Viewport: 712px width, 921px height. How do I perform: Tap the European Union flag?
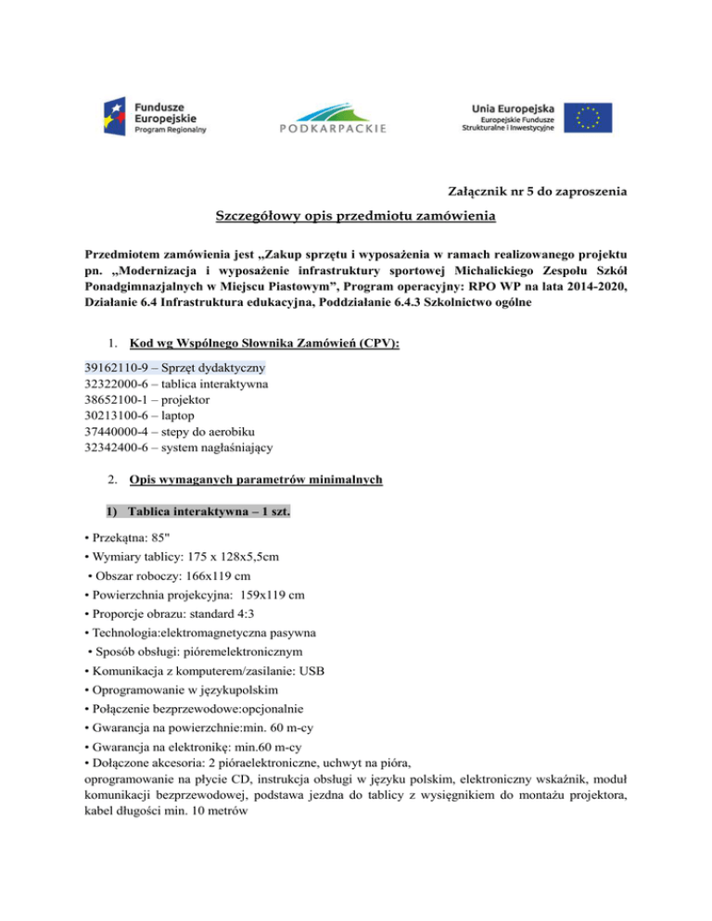click(591, 118)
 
